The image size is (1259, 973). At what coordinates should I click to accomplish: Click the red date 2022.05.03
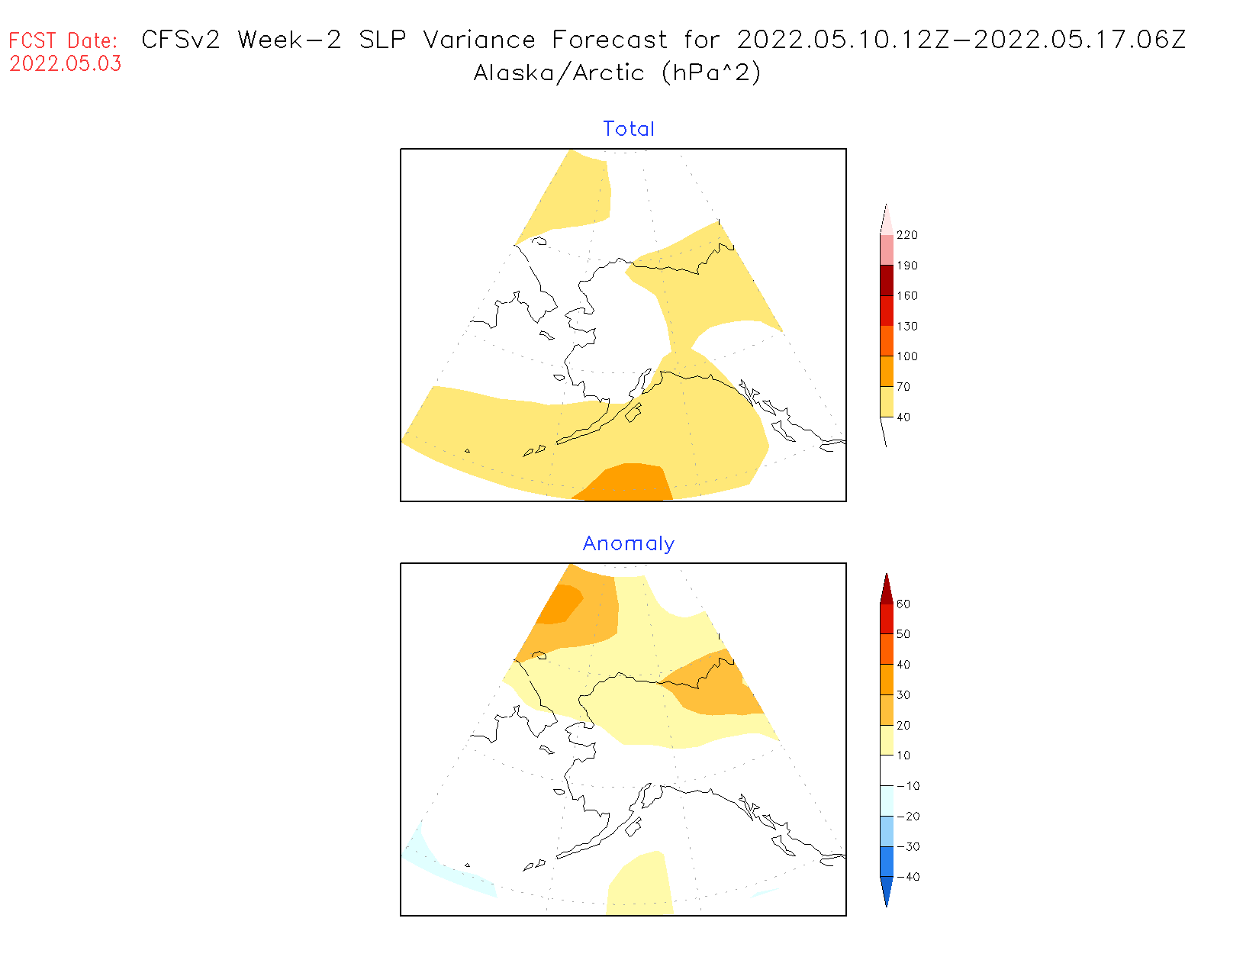(66, 64)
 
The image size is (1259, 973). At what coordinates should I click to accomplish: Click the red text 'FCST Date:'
(63, 40)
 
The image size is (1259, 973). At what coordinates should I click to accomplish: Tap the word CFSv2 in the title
(181, 40)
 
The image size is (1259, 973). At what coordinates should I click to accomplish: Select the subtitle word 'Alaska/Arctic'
(559, 73)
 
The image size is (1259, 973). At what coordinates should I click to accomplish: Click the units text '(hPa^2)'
(711, 73)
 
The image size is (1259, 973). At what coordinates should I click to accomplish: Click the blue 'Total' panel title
(629, 129)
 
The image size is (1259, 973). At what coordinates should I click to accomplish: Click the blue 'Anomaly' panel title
(629, 543)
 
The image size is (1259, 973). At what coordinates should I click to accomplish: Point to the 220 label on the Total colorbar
(907, 235)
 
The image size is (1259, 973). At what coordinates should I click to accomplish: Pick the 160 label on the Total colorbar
(907, 296)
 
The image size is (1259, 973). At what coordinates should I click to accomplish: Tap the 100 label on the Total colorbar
(907, 356)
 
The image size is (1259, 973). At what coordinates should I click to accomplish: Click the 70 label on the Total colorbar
(903, 387)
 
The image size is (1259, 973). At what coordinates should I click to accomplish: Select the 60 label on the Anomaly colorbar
(903, 604)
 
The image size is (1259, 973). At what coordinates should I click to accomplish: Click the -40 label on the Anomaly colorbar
(907, 877)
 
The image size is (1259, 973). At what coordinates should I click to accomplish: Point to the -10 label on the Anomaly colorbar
(907, 786)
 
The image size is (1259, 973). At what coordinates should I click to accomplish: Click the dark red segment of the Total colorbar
(887, 280)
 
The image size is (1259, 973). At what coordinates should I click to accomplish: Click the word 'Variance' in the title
(479, 40)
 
